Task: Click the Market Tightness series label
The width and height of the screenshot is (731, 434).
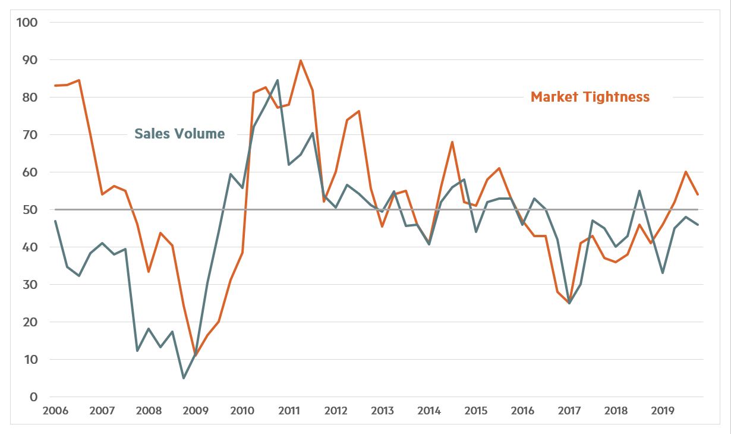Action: (x=590, y=97)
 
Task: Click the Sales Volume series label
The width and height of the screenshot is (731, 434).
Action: (x=179, y=133)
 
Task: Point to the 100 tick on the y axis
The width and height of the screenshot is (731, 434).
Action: (x=27, y=23)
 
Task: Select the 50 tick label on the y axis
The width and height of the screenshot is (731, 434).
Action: (x=30, y=210)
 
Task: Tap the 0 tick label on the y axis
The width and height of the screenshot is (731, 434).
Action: (x=33, y=397)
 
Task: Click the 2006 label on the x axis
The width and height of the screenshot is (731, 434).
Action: (x=55, y=411)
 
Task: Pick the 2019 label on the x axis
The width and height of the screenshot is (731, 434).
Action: (x=663, y=411)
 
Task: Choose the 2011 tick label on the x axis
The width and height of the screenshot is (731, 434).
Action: (x=289, y=411)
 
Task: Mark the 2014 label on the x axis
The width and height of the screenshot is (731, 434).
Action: (x=429, y=411)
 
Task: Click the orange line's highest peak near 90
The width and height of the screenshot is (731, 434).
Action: (x=301, y=60)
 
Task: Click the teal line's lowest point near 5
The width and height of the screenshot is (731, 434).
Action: (x=184, y=378)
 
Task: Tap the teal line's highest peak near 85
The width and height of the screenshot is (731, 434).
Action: (x=278, y=80)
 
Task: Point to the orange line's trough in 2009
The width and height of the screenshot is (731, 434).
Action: (x=196, y=356)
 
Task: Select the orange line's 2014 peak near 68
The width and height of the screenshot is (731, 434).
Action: (x=452, y=142)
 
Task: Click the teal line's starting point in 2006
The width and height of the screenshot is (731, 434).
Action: (x=55, y=221)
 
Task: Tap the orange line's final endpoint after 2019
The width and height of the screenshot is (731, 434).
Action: (x=698, y=194)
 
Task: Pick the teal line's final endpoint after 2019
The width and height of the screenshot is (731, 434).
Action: (x=698, y=225)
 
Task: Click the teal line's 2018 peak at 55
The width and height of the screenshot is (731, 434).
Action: (x=639, y=191)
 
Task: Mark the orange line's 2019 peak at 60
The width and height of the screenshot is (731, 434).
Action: (x=686, y=172)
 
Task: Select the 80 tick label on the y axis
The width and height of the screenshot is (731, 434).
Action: (x=30, y=98)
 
